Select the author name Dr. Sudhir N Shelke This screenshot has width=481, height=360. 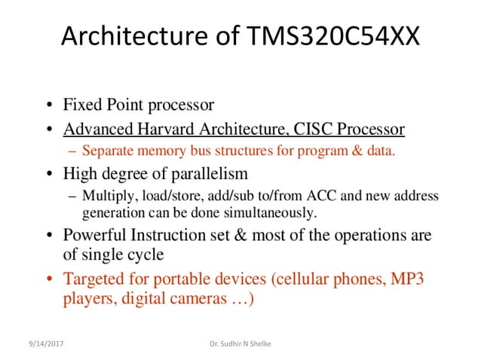[240, 344]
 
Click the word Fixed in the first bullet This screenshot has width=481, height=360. [82, 105]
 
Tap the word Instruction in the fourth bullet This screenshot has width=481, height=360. [170, 235]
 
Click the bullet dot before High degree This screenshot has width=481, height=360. [50, 174]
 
